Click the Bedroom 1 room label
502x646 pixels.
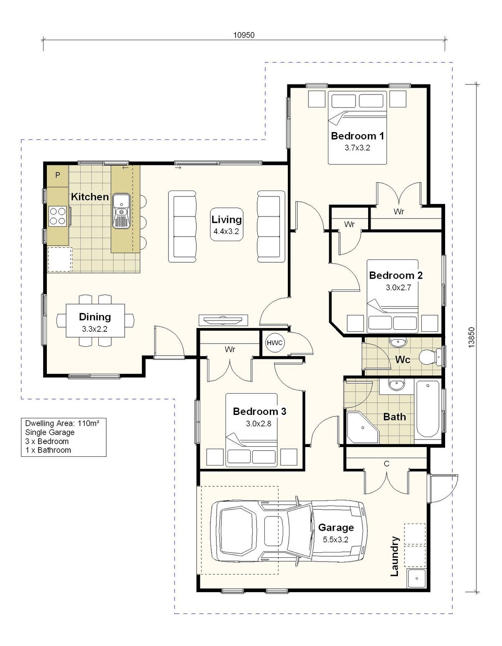point(357,136)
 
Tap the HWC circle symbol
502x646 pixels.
point(274,343)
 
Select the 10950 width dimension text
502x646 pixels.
point(244,35)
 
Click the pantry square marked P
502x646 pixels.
point(58,175)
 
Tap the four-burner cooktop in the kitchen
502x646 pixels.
point(58,216)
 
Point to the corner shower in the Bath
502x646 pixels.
point(362,427)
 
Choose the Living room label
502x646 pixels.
point(226,220)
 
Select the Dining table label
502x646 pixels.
point(95,317)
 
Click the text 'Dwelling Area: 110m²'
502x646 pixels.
point(62,423)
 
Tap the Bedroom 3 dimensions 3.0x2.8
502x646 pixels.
point(258,424)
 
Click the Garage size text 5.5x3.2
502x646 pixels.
point(336,539)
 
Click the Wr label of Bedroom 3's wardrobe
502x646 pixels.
point(230,349)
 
